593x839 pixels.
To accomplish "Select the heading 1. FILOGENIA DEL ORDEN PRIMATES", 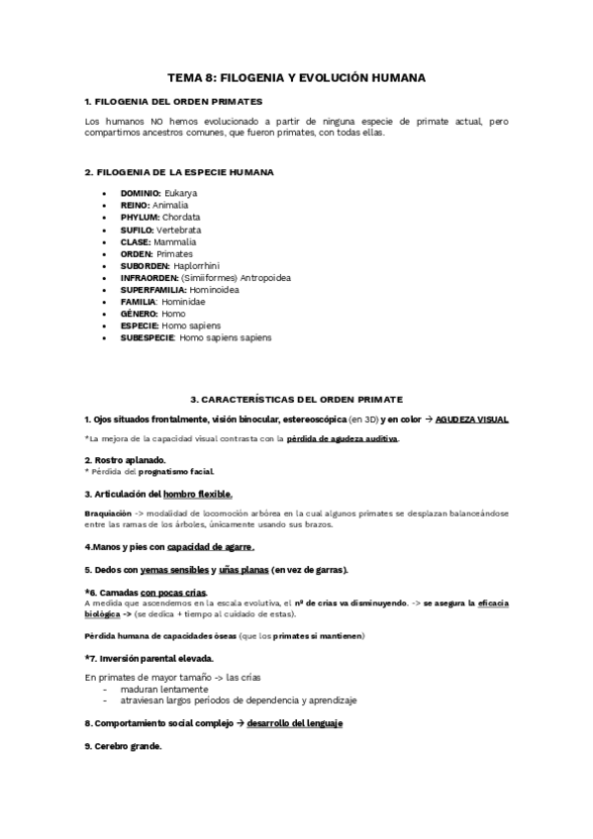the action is (x=173, y=102).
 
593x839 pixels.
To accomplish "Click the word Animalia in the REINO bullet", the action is (x=169, y=205).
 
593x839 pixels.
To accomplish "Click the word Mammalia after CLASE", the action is (x=175, y=241).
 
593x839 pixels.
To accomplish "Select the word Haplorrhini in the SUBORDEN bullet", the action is (x=196, y=266).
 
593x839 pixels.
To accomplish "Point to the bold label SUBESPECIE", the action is (x=148, y=338).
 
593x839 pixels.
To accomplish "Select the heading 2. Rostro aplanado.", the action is (x=124, y=460).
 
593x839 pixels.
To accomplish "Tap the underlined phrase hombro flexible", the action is (x=198, y=494).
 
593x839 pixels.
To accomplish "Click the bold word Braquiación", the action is (x=107, y=514).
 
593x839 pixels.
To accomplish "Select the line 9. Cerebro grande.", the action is (x=123, y=746).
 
